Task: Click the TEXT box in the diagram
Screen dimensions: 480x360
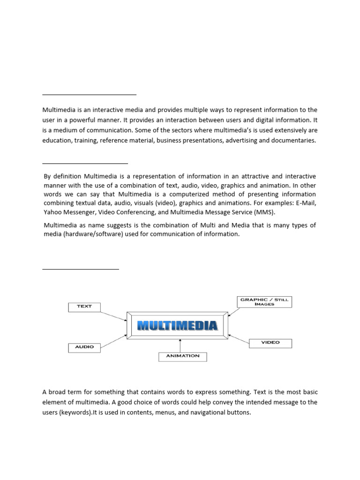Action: tap(84, 307)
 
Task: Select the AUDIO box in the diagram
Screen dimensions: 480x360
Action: tap(84, 347)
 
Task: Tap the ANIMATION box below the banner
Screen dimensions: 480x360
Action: tap(183, 356)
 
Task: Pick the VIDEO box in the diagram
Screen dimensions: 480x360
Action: tap(270, 343)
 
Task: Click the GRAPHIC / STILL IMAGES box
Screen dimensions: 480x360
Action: tap(264, 301)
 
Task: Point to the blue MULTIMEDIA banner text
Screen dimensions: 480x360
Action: tap(177, 326)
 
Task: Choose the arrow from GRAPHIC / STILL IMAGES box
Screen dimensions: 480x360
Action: tap(233, 311)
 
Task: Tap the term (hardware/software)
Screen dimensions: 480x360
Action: tap(86, 234)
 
